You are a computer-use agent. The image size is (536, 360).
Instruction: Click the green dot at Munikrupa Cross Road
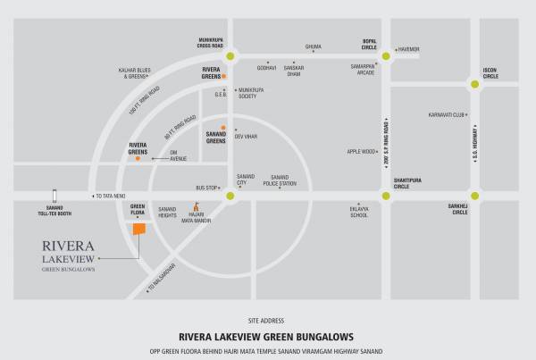click(x=231, y=55)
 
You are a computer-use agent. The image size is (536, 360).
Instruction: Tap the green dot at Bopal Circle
click(x=386, y=55)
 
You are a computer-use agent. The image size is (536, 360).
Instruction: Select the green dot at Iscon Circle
click(x=474, y=83)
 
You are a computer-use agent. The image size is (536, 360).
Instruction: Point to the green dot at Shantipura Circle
click(x=386, y=194)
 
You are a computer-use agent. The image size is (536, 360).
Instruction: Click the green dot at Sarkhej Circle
click(x=474, y=194)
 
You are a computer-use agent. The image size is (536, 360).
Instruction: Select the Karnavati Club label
click(x=447, y=115)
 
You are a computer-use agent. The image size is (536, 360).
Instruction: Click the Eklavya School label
click(x=359, y=212)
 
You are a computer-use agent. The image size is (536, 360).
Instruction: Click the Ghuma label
click(x=313, y=46)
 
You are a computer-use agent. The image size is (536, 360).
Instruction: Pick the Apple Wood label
click(x=361, y=152)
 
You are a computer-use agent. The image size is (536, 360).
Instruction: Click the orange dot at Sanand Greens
click(x=223, y=128)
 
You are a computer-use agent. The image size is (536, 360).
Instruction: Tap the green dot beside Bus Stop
click(x=230, y=194)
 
